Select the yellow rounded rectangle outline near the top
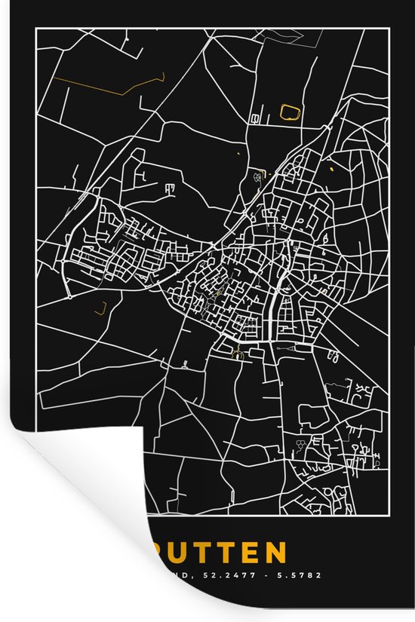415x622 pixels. point(289,112)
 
